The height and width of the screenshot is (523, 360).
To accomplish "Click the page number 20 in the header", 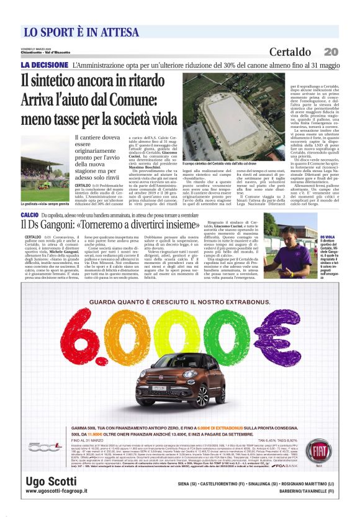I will pyautogui.click(x=331, y=52).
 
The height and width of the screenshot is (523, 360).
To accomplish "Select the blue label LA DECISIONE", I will pyautogui.click(x=44, y=65).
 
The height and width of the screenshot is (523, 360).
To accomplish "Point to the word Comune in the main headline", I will pyautogui.click(x=135, y=99).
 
